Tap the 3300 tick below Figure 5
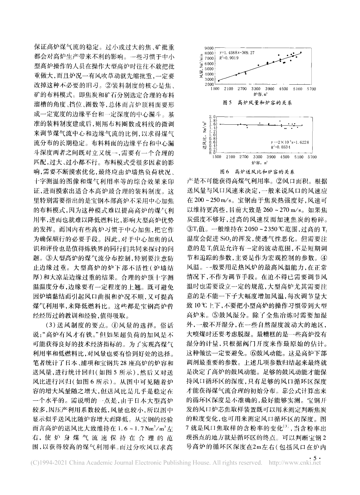(256, 89)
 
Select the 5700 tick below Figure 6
(312, 157)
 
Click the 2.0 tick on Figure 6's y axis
(213, 117)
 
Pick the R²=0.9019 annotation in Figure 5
(229, 58)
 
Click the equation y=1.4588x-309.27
(236, 53)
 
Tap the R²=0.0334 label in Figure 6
(280, 148)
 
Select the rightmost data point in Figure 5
(301, 52)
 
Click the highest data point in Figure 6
(280, 121)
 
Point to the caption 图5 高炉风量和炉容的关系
(257, 103)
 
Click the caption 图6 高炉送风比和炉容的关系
(256, 171)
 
